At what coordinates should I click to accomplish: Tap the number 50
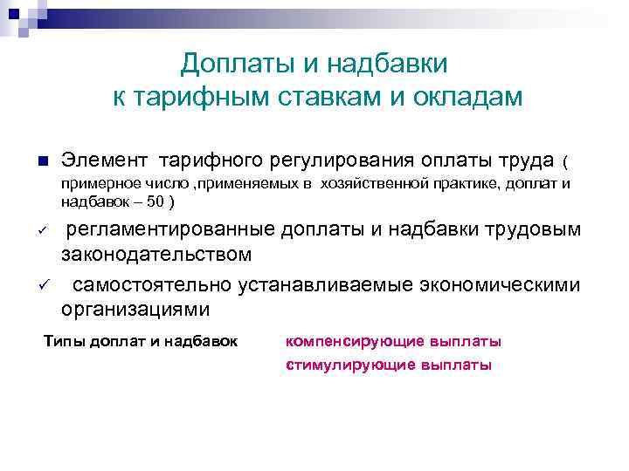click(153, 201)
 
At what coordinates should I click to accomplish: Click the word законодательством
click(156, 255)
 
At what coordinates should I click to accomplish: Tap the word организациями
click(135, 310)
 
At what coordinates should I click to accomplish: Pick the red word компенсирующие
click(347, 341)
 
